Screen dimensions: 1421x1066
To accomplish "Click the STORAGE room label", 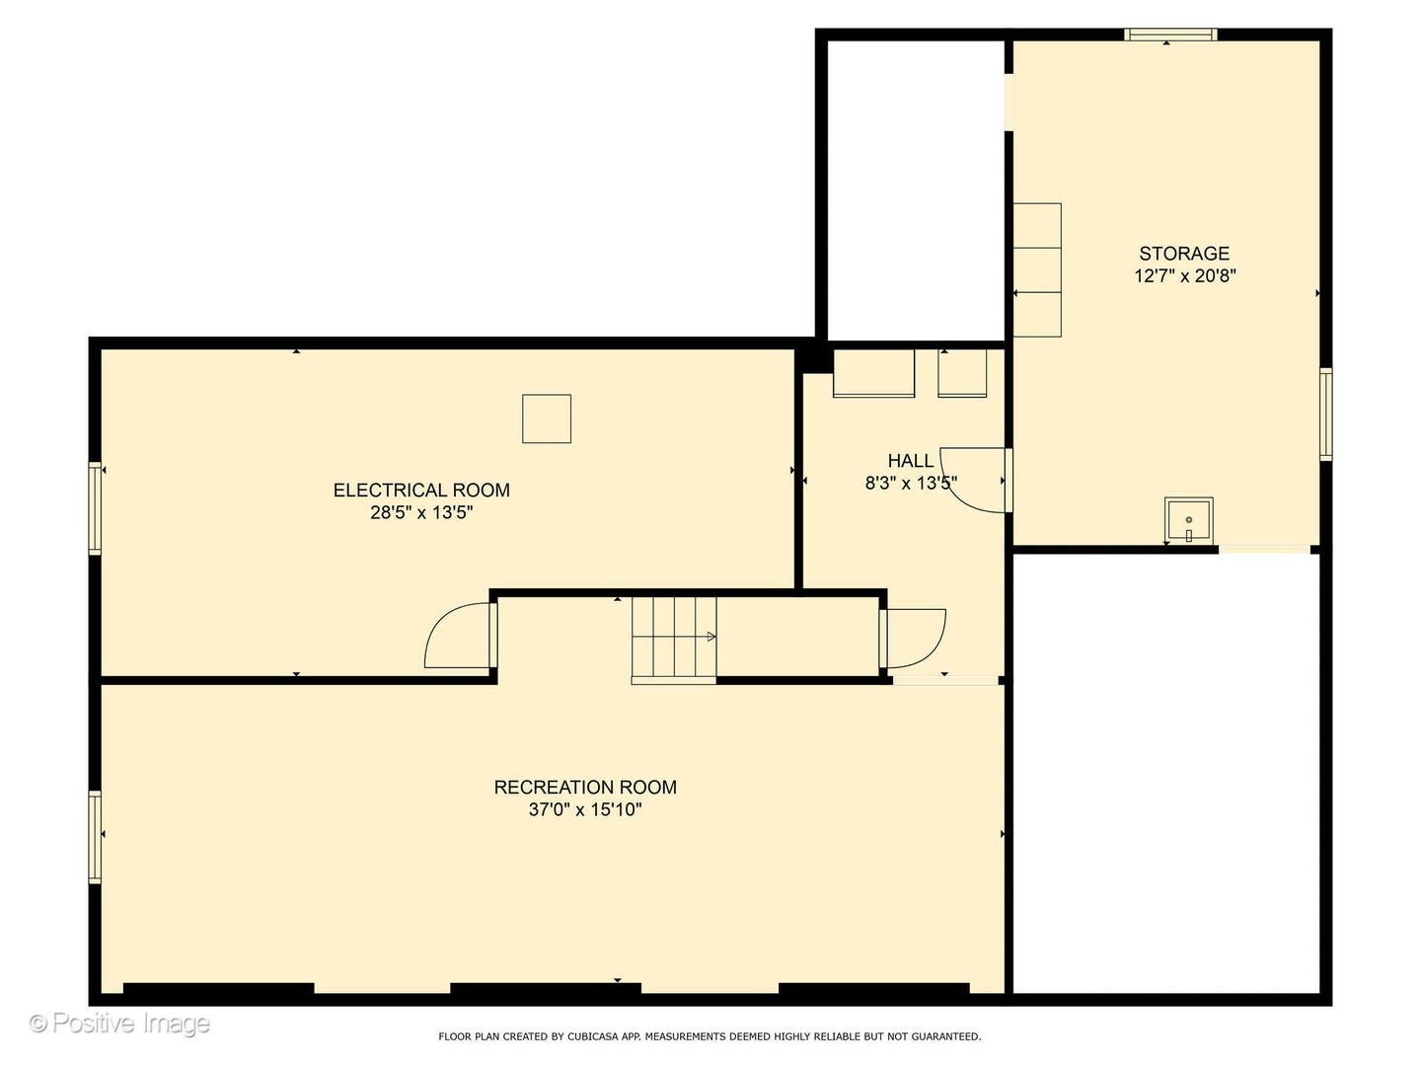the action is pos(1184,253).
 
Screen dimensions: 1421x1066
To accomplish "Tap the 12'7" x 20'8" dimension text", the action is pos(1185,275).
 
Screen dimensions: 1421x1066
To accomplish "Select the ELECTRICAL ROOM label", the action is pos(421,490).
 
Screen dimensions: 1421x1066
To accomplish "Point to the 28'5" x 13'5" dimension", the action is pos(421,512).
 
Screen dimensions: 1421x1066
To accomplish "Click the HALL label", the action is pos(910,461).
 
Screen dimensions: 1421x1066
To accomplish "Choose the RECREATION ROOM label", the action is pos(585,787).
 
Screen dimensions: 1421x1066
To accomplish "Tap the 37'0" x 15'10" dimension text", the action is pos(585,809).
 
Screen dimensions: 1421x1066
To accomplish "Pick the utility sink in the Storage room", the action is pos(1188,520).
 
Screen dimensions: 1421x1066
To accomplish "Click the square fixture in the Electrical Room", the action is pos(547,419).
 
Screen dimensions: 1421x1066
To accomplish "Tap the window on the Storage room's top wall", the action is pos(1170,35).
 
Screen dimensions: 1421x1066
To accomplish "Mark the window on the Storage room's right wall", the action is pos(1326,415).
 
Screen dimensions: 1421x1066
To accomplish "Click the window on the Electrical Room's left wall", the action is pos(95,508).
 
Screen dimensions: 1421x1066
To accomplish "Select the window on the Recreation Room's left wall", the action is pos(95,837).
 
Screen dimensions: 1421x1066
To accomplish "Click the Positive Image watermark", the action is pos(119,1024).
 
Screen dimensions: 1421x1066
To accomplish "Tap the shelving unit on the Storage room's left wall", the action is pos(1037,269).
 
